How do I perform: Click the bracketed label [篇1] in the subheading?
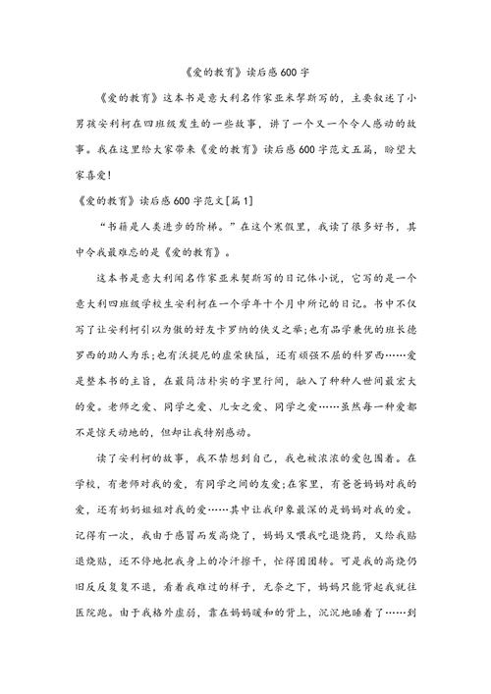240,202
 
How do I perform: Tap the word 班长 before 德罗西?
381,330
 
